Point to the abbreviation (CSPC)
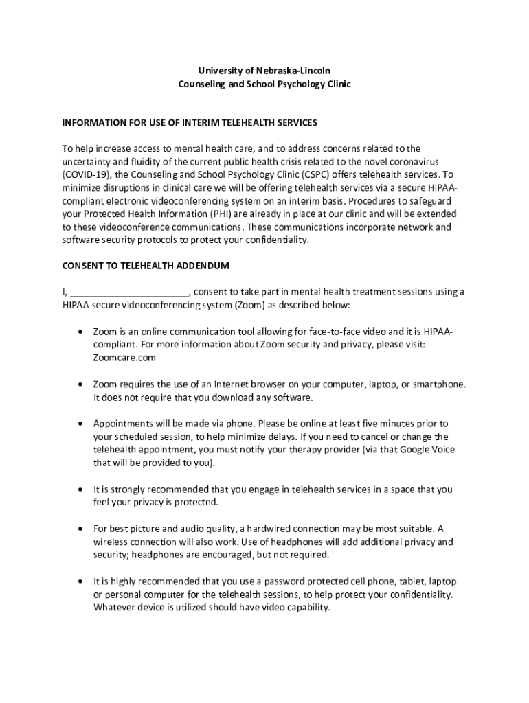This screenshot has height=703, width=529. (314, 174)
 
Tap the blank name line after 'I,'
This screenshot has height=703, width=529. (130, 292)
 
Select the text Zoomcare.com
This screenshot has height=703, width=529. (124, 358)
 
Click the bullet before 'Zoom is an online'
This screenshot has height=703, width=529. (80, 332)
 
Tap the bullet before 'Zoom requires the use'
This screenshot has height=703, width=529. (80, 384)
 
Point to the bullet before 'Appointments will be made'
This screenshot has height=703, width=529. (80, 424)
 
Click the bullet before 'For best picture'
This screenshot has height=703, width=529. (80, 529)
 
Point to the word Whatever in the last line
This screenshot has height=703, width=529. (113, 608)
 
